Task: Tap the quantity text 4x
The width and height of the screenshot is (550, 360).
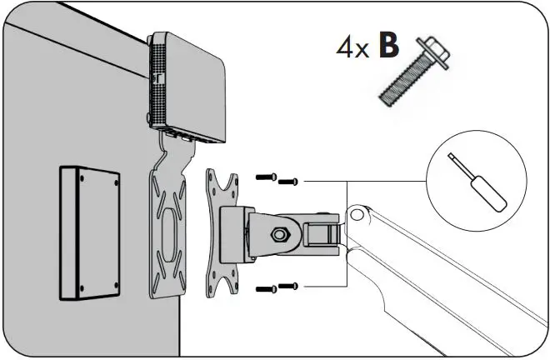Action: (x=352, y=48)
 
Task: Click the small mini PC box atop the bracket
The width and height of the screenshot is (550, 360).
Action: (x=188, y=87)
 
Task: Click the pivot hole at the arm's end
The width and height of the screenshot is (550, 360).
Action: (x=359, y=216)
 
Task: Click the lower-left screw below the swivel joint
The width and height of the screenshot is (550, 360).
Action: (x=264, y=287)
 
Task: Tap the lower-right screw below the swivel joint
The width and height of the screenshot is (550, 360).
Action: (x=288, y=286)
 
